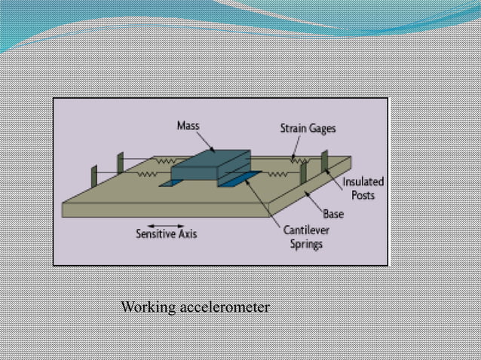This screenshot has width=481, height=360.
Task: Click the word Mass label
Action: [x=188, y=126]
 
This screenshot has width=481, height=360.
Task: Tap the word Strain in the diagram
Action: [x=293, y=129]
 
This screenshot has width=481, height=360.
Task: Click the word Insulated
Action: [x=363, y=182]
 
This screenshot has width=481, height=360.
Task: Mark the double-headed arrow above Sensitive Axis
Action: [x=165, y=225]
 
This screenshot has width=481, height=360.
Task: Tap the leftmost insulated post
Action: [x=93, y=176]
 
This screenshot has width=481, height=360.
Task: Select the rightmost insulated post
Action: [x=325, y=161]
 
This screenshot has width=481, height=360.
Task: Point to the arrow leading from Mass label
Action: [x=206, y=141]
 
